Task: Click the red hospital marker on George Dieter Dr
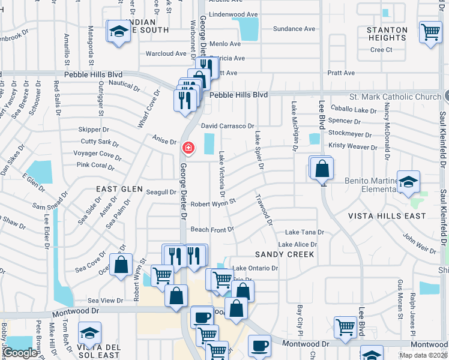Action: pos(188,147)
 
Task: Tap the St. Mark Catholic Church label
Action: pos(395,97)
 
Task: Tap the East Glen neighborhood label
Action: pos(120,188)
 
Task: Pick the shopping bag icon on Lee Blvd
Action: pos(322,169)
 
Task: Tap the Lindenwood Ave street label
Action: pos(234,14)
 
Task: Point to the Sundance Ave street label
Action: pos(294,29)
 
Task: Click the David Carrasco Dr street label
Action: pos(228,126)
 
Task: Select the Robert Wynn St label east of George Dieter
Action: pos(213,203)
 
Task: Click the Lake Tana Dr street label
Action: pos(304,232)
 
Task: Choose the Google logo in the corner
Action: pos(20,353)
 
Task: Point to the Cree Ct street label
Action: pos(381,50)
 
